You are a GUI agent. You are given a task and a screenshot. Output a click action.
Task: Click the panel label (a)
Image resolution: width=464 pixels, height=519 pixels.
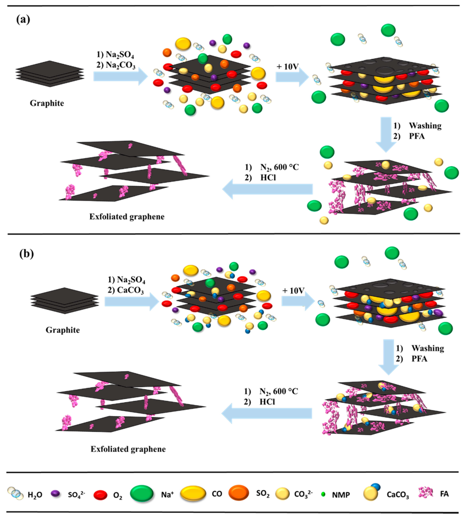click(23, 19)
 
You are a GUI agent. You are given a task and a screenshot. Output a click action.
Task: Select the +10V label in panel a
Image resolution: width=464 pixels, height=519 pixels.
click(288, 67)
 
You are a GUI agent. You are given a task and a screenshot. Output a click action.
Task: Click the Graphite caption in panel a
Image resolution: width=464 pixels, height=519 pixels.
click(47, 103)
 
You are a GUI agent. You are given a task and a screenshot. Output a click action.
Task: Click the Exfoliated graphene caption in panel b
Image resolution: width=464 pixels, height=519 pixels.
click(128, 449)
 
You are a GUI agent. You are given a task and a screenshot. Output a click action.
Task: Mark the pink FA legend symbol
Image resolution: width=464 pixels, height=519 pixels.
click(425, 492)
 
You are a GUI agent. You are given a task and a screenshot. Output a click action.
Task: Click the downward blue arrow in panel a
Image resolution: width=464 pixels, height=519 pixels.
click(386, 134)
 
